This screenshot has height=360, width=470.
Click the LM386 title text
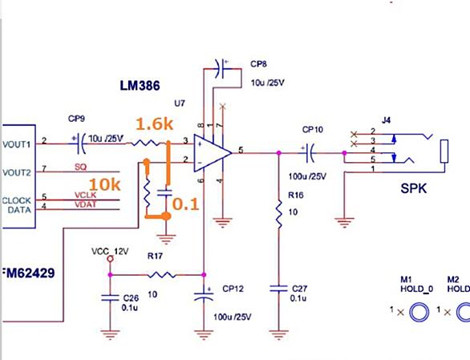[140, 86]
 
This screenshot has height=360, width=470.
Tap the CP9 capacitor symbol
[81, 144]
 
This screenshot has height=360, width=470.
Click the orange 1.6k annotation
[154, 123]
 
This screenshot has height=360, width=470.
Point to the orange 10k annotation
[105, 184]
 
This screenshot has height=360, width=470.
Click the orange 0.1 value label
[185, 204]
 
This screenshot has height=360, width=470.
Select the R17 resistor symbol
[161, 274]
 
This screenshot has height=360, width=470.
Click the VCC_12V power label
[110, 251]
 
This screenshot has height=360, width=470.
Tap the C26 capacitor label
[131, 298]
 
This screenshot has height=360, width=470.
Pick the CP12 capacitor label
[233, 289]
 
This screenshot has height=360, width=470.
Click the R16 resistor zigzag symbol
[279, 214]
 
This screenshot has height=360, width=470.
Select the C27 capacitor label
[299, 289]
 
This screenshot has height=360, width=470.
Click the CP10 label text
[313, 130]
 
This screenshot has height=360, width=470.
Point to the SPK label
[414, 188]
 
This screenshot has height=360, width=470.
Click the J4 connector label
[386, 120]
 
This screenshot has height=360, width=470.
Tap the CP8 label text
[259, 64]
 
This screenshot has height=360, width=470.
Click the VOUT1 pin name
[17, 144]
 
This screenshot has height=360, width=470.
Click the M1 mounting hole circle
[419, 312]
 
